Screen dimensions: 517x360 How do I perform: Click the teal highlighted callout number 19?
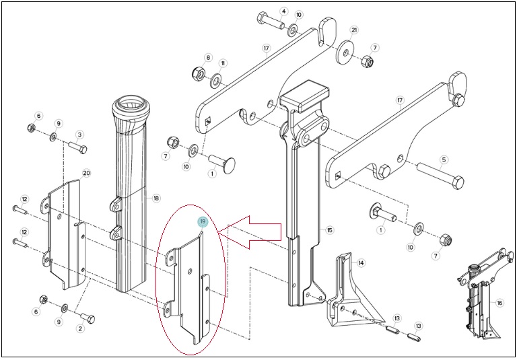pos(203,222)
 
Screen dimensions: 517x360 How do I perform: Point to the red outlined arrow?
pos(250,232)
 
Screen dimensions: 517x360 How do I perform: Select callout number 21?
pos(354,30)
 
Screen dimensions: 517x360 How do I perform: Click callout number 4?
pos(283,11)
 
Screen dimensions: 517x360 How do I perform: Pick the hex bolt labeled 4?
pos(271,20)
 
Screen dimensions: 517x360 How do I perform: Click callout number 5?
pos(444,160)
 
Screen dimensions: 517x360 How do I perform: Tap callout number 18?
pos(156,198)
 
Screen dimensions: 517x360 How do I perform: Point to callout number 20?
pos(87,173)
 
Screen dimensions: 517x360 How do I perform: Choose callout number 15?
pos(329,229)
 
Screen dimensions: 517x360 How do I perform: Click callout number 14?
pos(361,263)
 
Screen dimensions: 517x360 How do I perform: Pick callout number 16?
pos(499,303)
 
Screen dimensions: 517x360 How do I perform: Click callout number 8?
pos(208,57)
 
